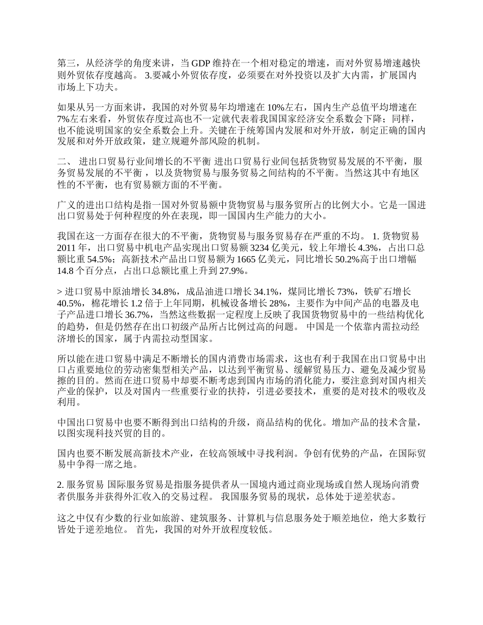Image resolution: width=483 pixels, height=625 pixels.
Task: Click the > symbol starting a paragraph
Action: pos(59,292)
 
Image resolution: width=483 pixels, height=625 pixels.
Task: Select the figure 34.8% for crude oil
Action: pos(163,292)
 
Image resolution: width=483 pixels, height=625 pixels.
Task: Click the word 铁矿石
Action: pos(378,292)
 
